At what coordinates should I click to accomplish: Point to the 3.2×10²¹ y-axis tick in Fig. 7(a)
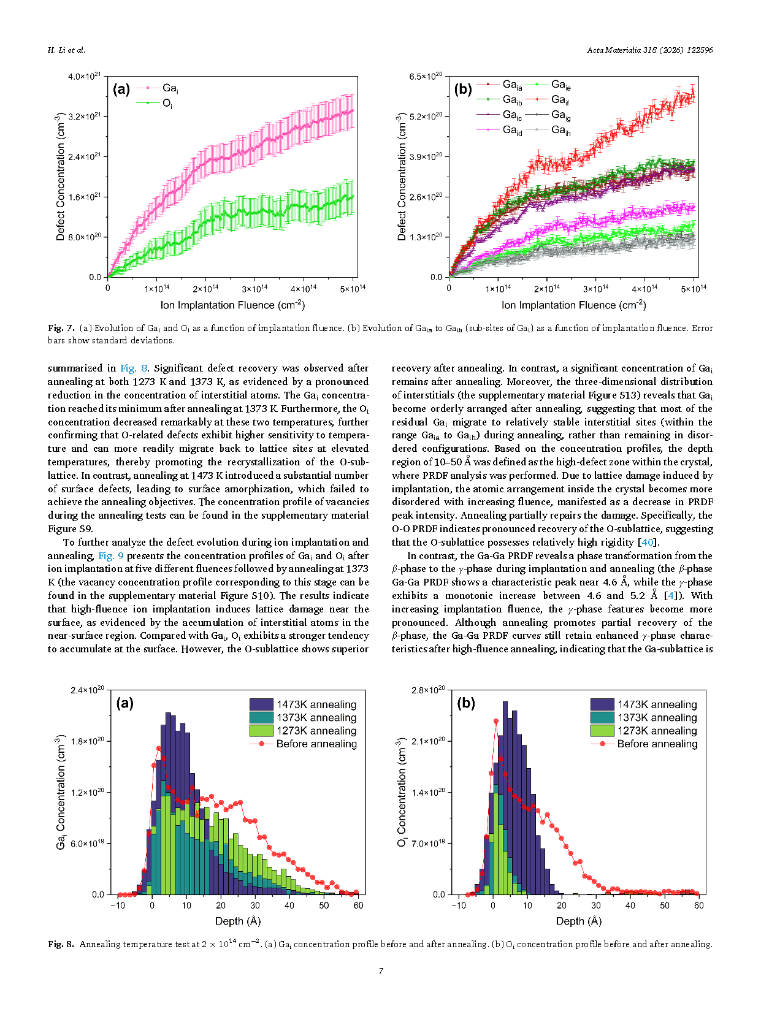point(84,116)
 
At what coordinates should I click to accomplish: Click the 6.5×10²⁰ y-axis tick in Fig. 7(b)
point(426,76)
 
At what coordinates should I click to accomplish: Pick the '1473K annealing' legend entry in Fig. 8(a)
point(303,704)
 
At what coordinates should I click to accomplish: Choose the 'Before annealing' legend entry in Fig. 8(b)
point(644,744)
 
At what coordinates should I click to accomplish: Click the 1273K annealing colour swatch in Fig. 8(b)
point(602,730)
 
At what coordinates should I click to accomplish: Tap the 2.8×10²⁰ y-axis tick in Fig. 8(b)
point(428,690)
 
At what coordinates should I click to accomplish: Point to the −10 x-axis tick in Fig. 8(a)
point(118,905)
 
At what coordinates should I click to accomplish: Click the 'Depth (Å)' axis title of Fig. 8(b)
point(578,921)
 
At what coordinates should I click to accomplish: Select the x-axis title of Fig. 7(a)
point(232,305)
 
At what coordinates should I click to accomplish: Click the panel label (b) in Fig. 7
point(462,89)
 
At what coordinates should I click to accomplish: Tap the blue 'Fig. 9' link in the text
point(110,555)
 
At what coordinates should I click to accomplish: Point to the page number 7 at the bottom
point(381,970)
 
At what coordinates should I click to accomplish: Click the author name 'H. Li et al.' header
point(67,50)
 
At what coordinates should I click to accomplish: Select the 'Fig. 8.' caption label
point(61,943)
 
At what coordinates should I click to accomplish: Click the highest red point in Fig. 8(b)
point(495,721)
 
